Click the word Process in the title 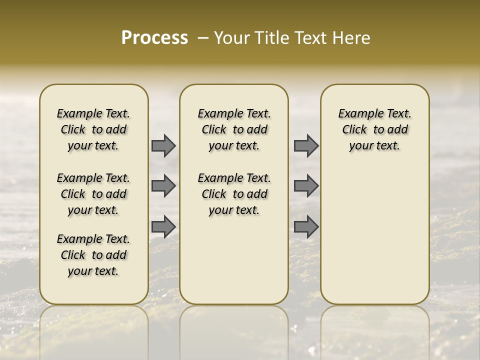154,38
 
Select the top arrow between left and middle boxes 163,145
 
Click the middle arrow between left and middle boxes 163,186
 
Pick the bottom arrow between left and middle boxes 163,226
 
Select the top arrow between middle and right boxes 306,145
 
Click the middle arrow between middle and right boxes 306,186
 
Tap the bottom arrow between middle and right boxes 306,226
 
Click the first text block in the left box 93,129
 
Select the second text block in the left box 93,194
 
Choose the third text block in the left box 93,255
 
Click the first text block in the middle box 234,129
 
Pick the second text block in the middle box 234,194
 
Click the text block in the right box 375,129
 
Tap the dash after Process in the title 203,38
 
